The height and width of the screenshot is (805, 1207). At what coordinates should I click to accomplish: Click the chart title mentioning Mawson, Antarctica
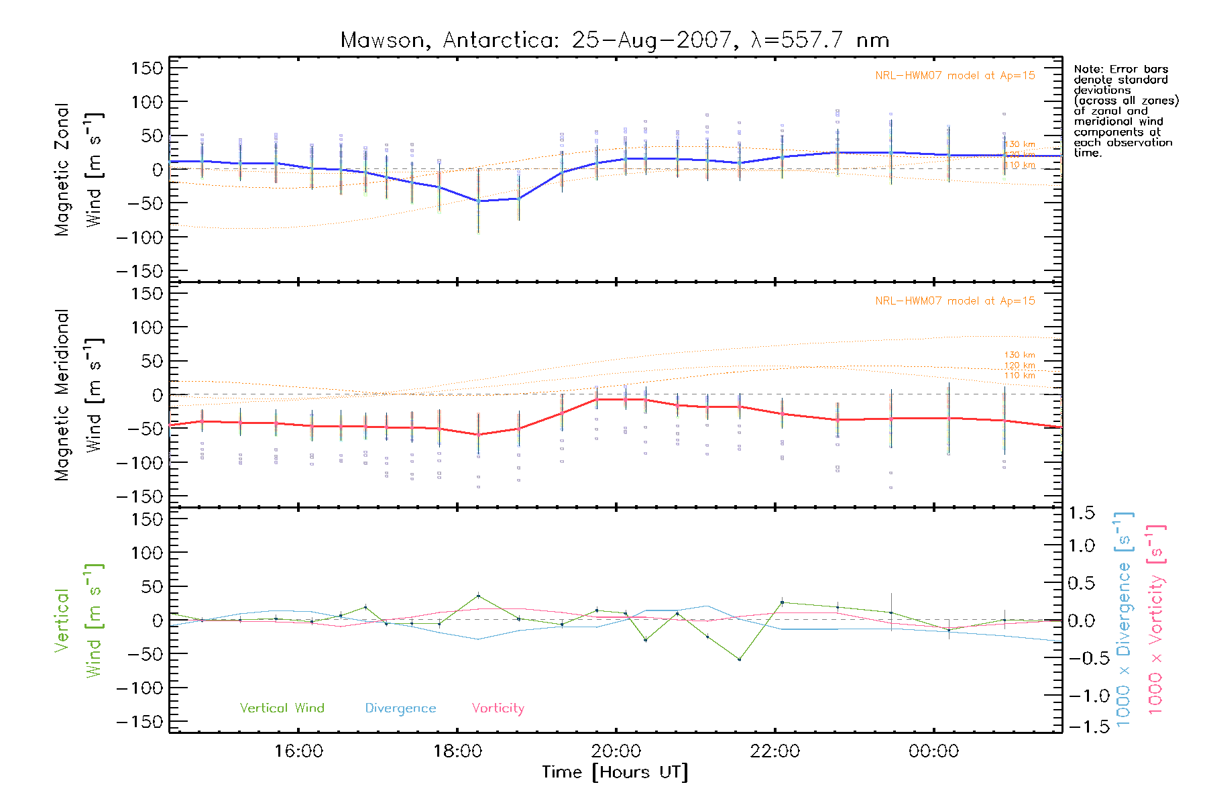coord(615,40)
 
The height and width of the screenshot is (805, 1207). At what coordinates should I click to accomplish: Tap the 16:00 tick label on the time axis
coord(298,751)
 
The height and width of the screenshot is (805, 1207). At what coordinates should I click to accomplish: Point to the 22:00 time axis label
coord(775,751)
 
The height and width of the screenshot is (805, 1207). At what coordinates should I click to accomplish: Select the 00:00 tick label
coord(933,751)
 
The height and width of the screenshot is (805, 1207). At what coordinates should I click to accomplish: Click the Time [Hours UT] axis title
coord(615,773)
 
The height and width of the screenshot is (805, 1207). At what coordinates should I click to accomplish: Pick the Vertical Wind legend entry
coord(282,708)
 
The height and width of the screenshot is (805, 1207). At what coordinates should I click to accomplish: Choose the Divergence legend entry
coord(400,708)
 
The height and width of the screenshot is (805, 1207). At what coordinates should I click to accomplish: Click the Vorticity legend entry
coord(498,708)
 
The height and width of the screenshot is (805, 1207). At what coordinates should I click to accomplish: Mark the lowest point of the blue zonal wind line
coord(478,201)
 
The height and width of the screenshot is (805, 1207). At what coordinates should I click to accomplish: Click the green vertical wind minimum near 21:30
coord(739,659)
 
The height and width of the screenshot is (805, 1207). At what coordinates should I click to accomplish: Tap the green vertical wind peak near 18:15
coord(478,596)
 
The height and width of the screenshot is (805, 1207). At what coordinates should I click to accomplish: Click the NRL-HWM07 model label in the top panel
coord(955,76)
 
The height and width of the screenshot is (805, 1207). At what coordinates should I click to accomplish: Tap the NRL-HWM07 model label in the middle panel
coord(955,301)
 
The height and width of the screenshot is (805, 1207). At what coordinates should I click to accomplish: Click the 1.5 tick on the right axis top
coord(1081,513)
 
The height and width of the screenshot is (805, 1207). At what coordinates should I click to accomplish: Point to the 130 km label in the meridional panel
coord(1019,355)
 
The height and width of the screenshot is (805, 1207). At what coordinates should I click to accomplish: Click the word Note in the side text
coord(1087,69)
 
